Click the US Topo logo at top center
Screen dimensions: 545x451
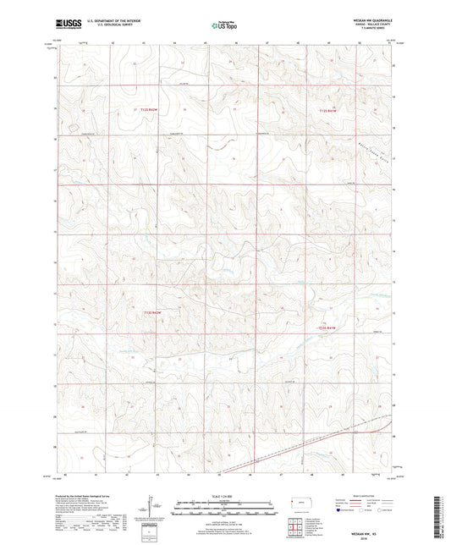[223, 26]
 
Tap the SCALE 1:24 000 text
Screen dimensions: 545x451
[224, 496]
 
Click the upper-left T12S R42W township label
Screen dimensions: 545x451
[148, 110]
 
